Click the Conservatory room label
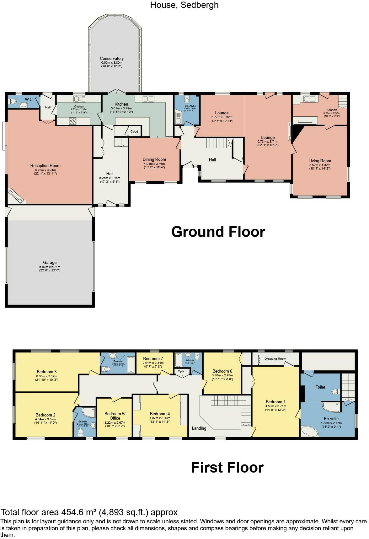coord(112,59)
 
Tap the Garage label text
coord(50,263)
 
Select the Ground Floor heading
coord(218,232)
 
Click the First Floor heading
coord(227,468)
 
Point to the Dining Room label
coord(154,160)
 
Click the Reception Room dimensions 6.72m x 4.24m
coord(45,170)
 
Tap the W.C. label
coord(29,100)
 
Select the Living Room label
coord(320,161)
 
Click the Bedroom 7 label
coord(153,359)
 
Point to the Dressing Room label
coord(275,359)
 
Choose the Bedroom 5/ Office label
coord(115,416)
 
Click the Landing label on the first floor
coord(199,428)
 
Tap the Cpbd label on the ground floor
coord(134,132)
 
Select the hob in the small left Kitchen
coord(72,120)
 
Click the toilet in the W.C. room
coord(13,102)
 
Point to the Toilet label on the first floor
coord(320,387)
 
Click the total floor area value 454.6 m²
coord(78,512)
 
